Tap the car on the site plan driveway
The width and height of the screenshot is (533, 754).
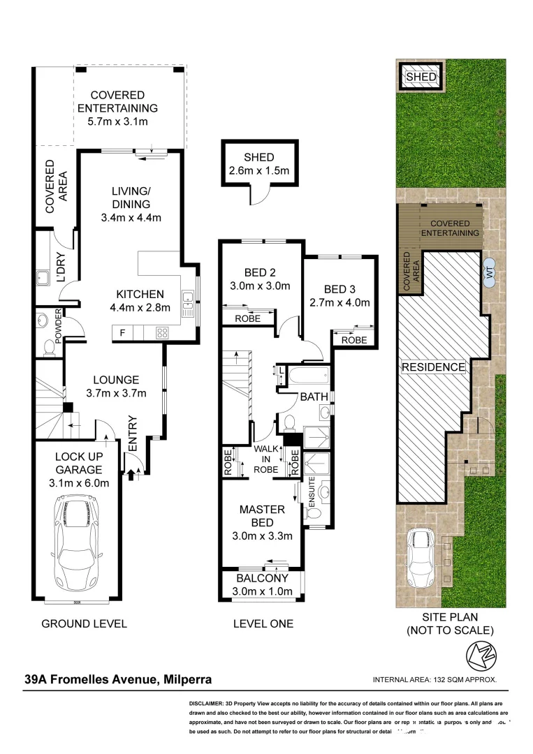(x=422, y=552)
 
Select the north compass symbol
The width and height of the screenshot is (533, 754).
(x=476, y=656)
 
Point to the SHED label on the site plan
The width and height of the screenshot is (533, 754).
(x=421, y=76)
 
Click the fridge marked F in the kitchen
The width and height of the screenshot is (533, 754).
(x=123, y=333)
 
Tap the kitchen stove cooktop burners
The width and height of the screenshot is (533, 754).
(x=162, y=333)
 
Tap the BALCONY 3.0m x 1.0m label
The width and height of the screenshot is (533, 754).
(x=262, y=585)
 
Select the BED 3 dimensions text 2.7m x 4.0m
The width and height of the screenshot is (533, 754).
(x=339, y=302)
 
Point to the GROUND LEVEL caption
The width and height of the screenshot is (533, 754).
(x=84, y=623)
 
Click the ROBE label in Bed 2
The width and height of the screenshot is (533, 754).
(x=247, y=318)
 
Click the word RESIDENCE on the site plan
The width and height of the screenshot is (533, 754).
(x=433, y=367)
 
